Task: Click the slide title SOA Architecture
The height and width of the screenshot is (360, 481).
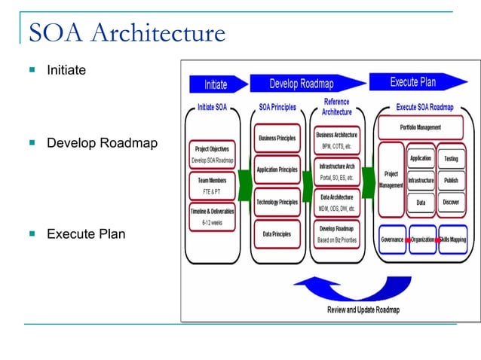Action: click(x=127, y=34)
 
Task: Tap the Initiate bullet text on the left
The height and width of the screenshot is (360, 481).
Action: click(x=66, y=70)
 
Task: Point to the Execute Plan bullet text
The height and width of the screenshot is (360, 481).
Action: click(x=86, y=234)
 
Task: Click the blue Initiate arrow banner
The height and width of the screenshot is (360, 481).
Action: click(x=216, y=84)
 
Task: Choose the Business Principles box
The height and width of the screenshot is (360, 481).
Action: click(x=277, y=139)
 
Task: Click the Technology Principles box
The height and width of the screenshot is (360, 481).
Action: click(x=277, y=202)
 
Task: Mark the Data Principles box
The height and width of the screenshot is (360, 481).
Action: click(x=277, y=234)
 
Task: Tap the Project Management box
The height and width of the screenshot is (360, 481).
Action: click(x=391, y=180)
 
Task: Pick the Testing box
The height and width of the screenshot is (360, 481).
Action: click(x=451, y=159)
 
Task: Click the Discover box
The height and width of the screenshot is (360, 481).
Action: click(x=451, y=203)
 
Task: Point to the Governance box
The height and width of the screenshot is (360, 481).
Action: click(x=392, y=239)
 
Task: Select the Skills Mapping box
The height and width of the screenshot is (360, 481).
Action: click(x=453, y=239)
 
